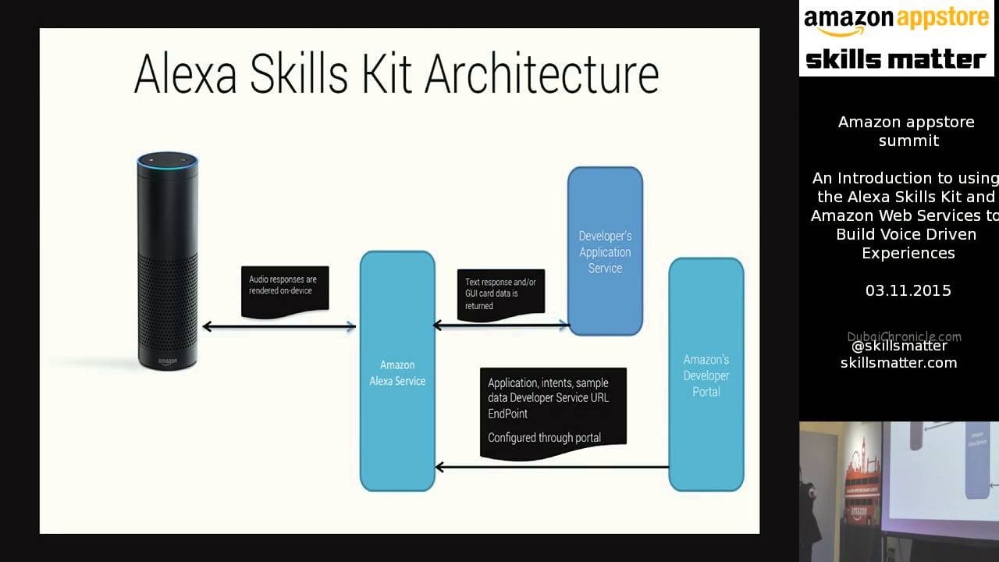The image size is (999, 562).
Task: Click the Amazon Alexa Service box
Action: click(397, 371)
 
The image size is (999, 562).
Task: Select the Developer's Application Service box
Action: click(605, 251)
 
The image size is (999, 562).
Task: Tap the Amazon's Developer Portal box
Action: click(706, 375)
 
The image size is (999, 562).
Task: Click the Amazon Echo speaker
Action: click(168, 261)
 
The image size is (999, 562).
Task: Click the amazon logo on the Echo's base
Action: click(168, 361)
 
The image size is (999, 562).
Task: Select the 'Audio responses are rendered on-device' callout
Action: click(285, 292)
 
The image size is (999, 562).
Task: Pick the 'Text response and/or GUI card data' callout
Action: click(501, 295)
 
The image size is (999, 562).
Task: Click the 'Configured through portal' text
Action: click(544, 438)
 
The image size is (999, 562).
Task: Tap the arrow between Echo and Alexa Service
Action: click(279, 327)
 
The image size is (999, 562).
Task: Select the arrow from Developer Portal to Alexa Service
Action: click(552, 468)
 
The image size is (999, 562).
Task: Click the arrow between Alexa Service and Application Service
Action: click(501, 325)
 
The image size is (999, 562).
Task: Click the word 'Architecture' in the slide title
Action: click(542, 73)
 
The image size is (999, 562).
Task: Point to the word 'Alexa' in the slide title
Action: click(185, 73)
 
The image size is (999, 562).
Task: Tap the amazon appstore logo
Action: click(897, 20)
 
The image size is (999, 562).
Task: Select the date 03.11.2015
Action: click(908, 291)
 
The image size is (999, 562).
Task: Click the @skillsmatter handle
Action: click(899, 346)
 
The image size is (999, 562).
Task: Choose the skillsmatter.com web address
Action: click(898, 363)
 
